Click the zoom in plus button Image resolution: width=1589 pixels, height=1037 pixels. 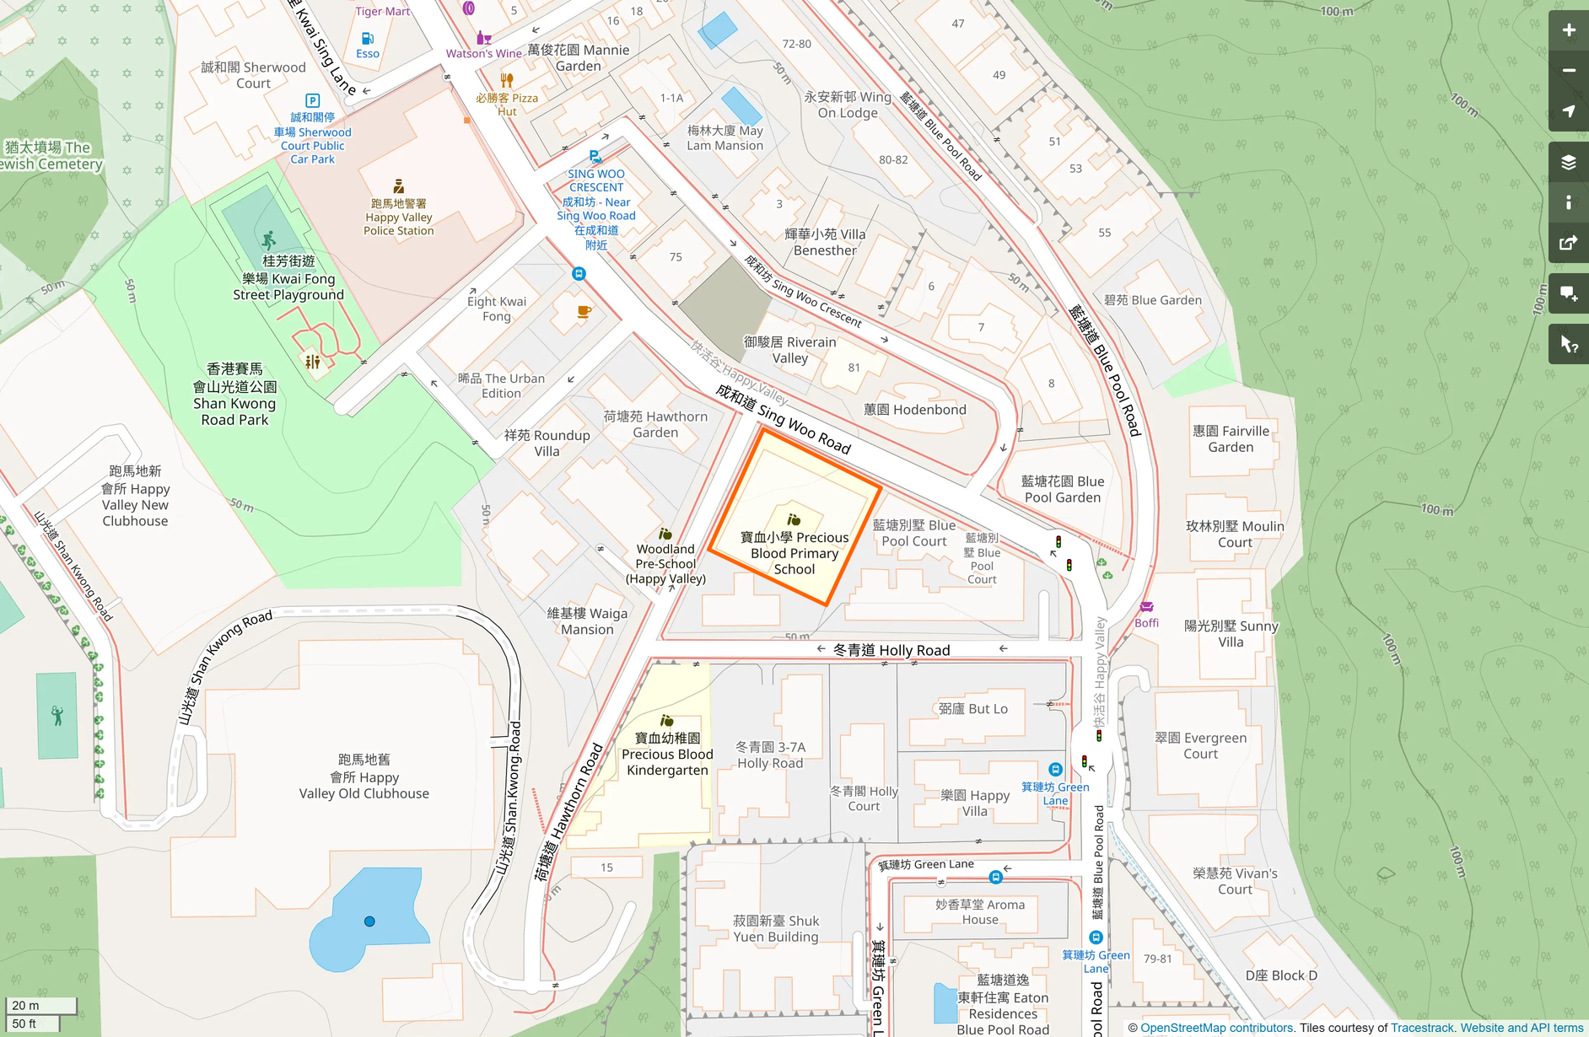[1568, 30]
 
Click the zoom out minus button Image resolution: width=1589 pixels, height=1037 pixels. [1568, 71]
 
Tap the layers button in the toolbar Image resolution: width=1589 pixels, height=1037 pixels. [1568, 162]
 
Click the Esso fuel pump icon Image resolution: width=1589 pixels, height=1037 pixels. [368, 39]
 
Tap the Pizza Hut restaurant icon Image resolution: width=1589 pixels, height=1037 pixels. [507, 81]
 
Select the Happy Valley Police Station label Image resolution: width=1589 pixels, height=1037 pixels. [399, 218]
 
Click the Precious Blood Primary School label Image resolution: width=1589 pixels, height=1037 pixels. [794, 553]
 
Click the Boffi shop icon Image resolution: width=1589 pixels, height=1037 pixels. [1146, 607]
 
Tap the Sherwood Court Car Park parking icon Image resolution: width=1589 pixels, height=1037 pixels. [312, 100]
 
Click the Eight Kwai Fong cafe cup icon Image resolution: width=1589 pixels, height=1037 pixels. [584, 312]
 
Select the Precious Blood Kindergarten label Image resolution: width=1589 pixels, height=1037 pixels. [667, 755]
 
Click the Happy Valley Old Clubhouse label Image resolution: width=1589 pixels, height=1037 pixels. [364, 777]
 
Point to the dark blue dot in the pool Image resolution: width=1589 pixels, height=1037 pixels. [369, 921]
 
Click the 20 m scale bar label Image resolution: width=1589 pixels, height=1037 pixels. [26, 1006]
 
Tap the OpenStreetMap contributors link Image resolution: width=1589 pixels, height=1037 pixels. [1216, 1028]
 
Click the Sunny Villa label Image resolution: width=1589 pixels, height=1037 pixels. [1231, 634]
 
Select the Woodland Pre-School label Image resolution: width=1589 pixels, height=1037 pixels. [665, 563]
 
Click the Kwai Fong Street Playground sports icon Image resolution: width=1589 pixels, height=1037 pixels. [268, 240]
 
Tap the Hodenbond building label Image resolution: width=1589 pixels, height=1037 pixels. [915, 410]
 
